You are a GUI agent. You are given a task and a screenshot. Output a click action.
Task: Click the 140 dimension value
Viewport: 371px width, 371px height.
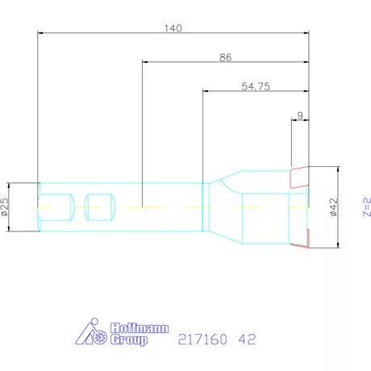coord(173,27)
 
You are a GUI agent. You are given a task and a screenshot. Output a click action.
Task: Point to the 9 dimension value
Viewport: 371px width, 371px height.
coord(300,115)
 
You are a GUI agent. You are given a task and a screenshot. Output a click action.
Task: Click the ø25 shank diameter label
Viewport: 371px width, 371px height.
coord(5,207)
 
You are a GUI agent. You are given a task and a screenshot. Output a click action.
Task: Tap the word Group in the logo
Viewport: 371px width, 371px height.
coord(127,340)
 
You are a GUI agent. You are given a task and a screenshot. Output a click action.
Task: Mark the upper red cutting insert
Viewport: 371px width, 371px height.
coord(299,174)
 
